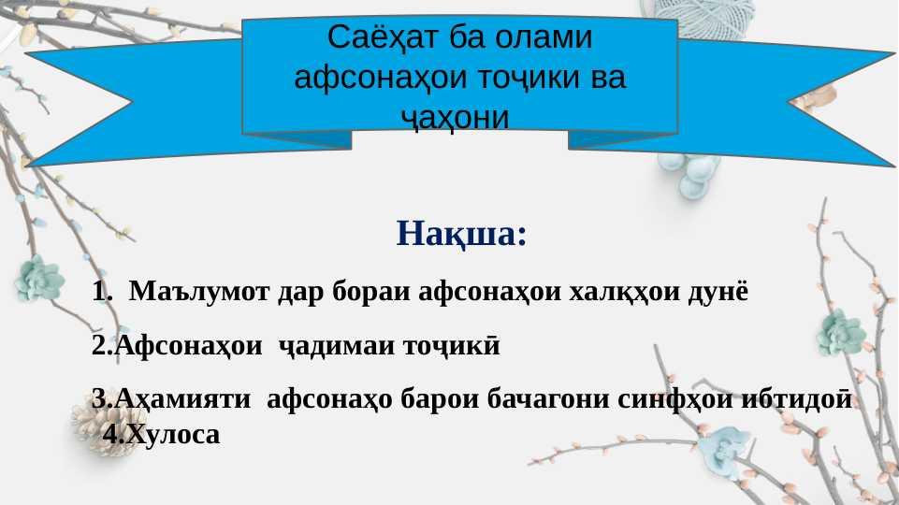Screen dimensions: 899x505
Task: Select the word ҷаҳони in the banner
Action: click(x=455, y=118)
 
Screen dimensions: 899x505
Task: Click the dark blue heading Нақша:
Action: click(x=461, y=233)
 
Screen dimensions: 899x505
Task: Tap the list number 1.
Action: click(x=102, y=292)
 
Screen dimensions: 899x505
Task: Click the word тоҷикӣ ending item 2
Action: click(x=452, y=346)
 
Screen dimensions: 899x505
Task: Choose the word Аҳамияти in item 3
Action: click(x=182, y=399)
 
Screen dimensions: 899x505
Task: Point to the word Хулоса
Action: click(x=172, y=434)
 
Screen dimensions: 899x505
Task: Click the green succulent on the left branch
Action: click(x=39, y=280)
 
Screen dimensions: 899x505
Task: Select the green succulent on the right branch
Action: click(x=841, y=334)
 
